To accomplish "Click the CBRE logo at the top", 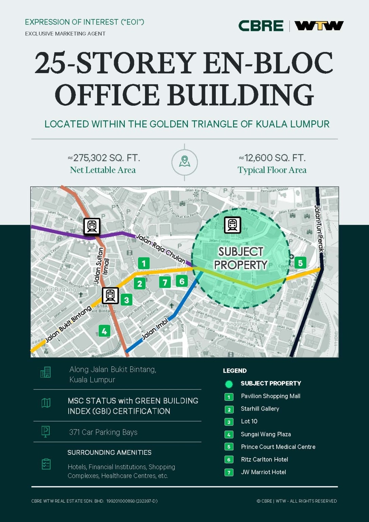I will [x=261, y=26].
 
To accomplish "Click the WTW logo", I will [x=319, y=26].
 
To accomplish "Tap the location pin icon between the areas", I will [x=184, y=161].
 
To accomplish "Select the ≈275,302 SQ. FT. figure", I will [x=104, y=158].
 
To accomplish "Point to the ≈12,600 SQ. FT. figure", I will [x=272, y=158].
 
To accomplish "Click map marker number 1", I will [x=144, y=263].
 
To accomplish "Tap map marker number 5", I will [x=300, y=263].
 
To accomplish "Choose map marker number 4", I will [x=104, y=331].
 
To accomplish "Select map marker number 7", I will [x=165, y=282].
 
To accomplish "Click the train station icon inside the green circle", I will [x=232, y=225].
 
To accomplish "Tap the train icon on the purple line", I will [x=92, y=226].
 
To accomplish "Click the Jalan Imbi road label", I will [x=155, y=329].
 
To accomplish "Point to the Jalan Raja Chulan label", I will [x=160, y=249].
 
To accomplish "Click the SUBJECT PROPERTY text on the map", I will [x=241, y=258].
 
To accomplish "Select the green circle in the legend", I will [x=229, y=384].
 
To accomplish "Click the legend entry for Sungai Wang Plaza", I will [x=266, y=434].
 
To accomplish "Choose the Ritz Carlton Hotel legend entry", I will [x=264, y=459].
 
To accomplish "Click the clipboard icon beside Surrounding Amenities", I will [x=46, y=464].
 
